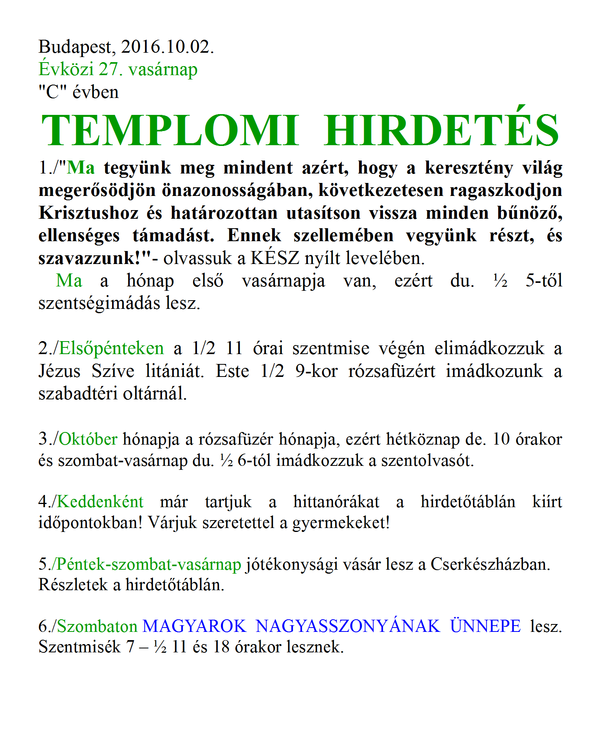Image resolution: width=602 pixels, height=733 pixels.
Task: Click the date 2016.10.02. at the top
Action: tap(168, 47)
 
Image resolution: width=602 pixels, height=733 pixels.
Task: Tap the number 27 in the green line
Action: tap(109, 70)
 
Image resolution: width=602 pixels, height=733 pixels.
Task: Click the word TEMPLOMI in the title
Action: tap(169, 131)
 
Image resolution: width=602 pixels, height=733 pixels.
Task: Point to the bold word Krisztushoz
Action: tap(88, 213)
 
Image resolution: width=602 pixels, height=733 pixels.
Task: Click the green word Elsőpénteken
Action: tap(111, 349)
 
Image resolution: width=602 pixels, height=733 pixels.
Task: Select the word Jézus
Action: tap(59, 371)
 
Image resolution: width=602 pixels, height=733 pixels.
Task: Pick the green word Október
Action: tap(88, 439)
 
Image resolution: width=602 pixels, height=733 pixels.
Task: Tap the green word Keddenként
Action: tap(100, 502)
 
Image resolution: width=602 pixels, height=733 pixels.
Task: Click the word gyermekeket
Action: tap(341, 523)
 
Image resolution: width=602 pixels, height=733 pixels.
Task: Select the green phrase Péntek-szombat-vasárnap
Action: tap(149, 564)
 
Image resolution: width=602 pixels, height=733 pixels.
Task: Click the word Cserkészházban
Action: tap(490, 564)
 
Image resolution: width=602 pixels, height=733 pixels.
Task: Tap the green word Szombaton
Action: tap(97, 626)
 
